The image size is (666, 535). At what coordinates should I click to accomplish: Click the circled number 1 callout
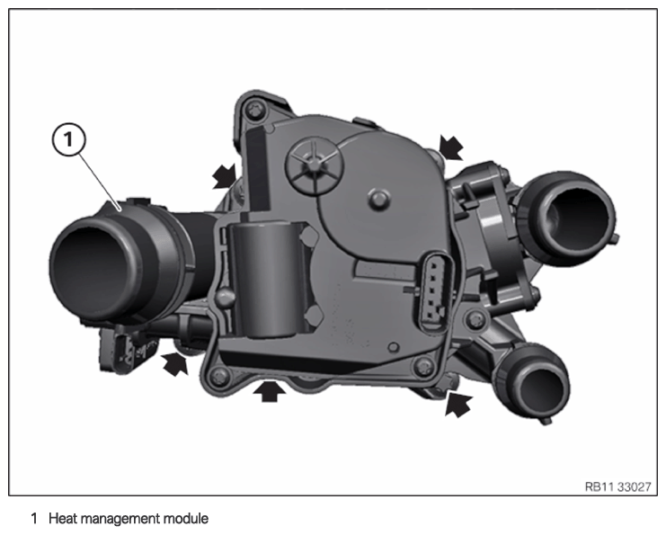click(x=68, y=139)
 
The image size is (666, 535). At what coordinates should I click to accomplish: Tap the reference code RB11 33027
click(x=617, y=486)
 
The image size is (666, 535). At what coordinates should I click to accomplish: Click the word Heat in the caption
click(x=62, y=519)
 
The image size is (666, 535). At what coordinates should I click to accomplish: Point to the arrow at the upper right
click(x=451, y=147)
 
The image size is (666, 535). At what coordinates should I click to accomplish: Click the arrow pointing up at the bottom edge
click(x=270, y=391)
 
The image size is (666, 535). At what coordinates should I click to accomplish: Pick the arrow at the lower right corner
click(x=458, y=405)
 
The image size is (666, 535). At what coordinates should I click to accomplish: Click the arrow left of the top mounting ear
click(x=224, y=176)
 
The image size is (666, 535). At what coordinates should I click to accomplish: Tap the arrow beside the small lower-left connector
click(x=174, y=364)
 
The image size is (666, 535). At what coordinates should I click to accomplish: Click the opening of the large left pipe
click(x=90, y=268)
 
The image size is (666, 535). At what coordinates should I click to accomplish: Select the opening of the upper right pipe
click(x=577, y=219)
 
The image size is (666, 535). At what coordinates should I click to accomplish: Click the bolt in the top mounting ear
click(x=254, y=109)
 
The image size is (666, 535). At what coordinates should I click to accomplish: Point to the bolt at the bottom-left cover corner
click(x=219, y=375)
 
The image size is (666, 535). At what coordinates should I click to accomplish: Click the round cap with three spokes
click(x=315, y=165)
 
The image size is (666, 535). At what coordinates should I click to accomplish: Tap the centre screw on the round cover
click(x=379, y=199)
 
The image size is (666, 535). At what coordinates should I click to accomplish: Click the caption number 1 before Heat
click(x=34, y=519)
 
